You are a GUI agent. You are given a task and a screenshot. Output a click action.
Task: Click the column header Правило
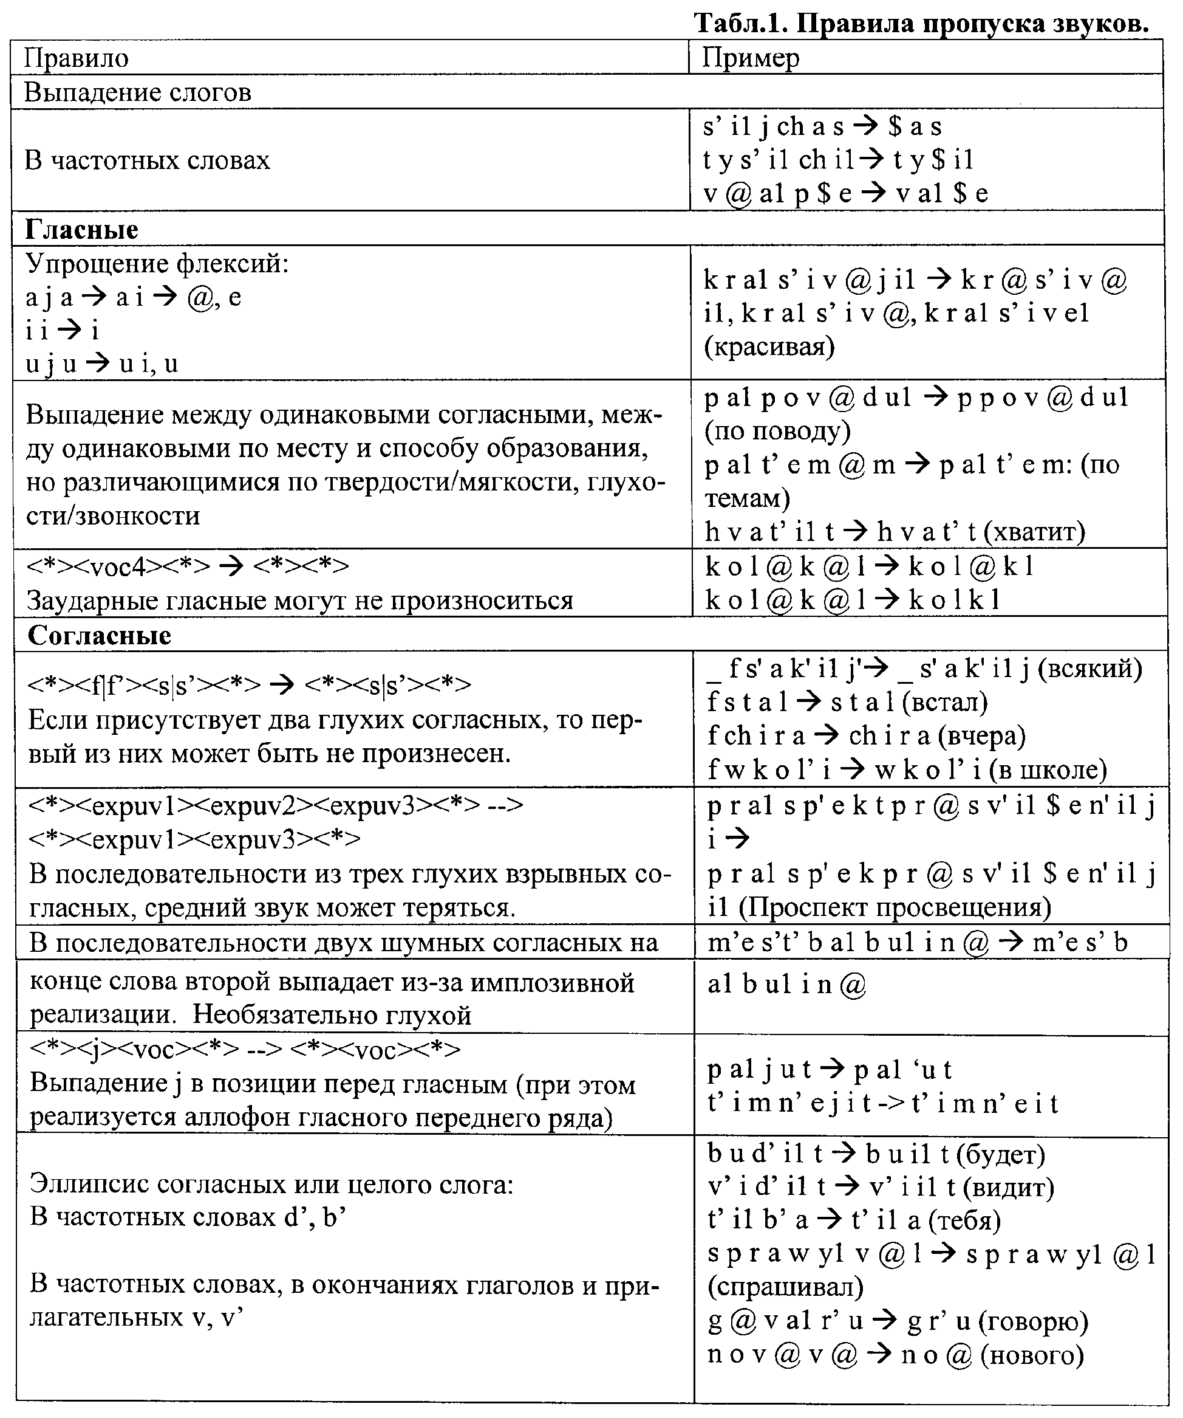click(77, 58)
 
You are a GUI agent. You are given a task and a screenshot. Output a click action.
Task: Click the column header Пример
click(750, 58)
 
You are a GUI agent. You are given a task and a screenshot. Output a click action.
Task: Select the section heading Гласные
click(81, 230)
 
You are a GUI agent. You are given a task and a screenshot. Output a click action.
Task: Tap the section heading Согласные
click(99, 635)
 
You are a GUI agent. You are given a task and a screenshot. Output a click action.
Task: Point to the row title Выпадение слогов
click(138, 92)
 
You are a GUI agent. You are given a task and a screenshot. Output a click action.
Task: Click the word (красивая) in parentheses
click(769, 346)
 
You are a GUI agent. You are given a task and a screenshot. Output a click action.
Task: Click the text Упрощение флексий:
click(157, 263)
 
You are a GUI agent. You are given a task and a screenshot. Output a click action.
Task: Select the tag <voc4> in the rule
click(117, 566)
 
